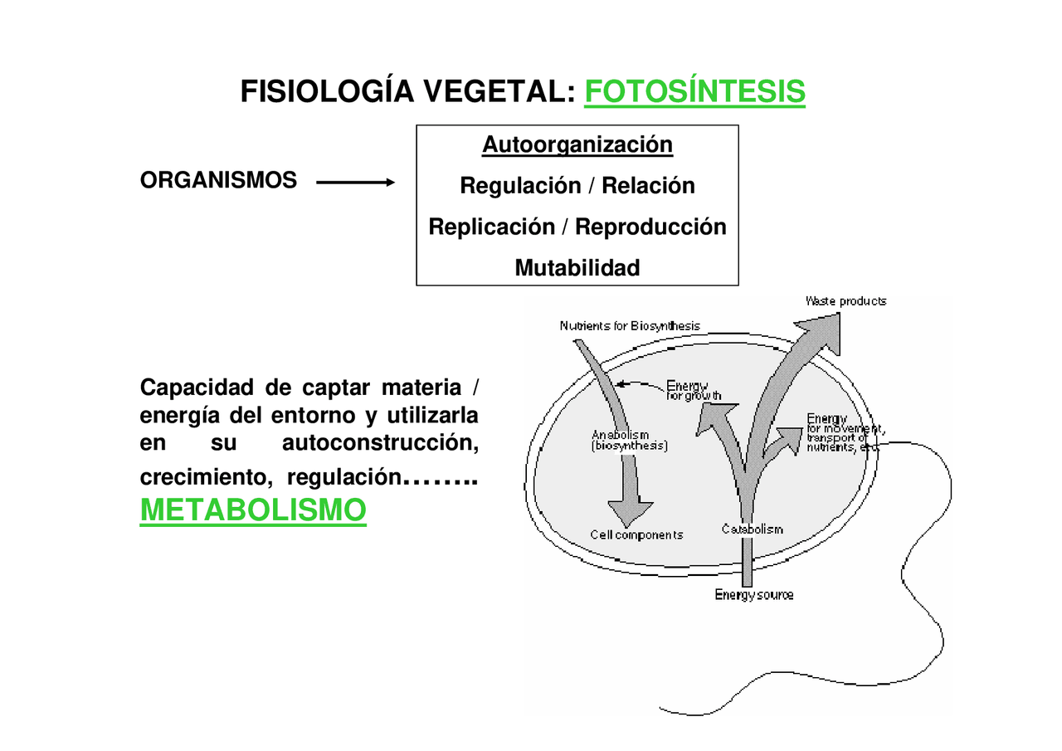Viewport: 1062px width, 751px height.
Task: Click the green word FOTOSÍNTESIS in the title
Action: [694, 92]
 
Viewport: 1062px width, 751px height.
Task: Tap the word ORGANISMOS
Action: [218, 180]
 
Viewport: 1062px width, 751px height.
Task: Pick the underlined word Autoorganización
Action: [577, 144]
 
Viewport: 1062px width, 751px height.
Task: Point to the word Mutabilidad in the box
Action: [577, 268]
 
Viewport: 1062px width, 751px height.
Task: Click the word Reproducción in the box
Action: [650, 227]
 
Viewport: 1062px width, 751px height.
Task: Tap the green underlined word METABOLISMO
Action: [253, 510]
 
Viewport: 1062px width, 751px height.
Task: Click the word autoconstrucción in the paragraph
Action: [380, 444]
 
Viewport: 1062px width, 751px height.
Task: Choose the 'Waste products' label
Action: [845, 301]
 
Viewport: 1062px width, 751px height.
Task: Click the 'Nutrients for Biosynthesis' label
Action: [630, 326]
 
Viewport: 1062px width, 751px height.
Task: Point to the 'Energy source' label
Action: [754, 595]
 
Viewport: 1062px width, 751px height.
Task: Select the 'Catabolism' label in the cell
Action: [752, 529]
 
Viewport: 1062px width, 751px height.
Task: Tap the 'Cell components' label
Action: [636, 535]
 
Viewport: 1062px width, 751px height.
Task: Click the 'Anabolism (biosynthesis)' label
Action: [630, 440]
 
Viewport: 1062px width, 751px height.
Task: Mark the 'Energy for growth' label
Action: [694, 390]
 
